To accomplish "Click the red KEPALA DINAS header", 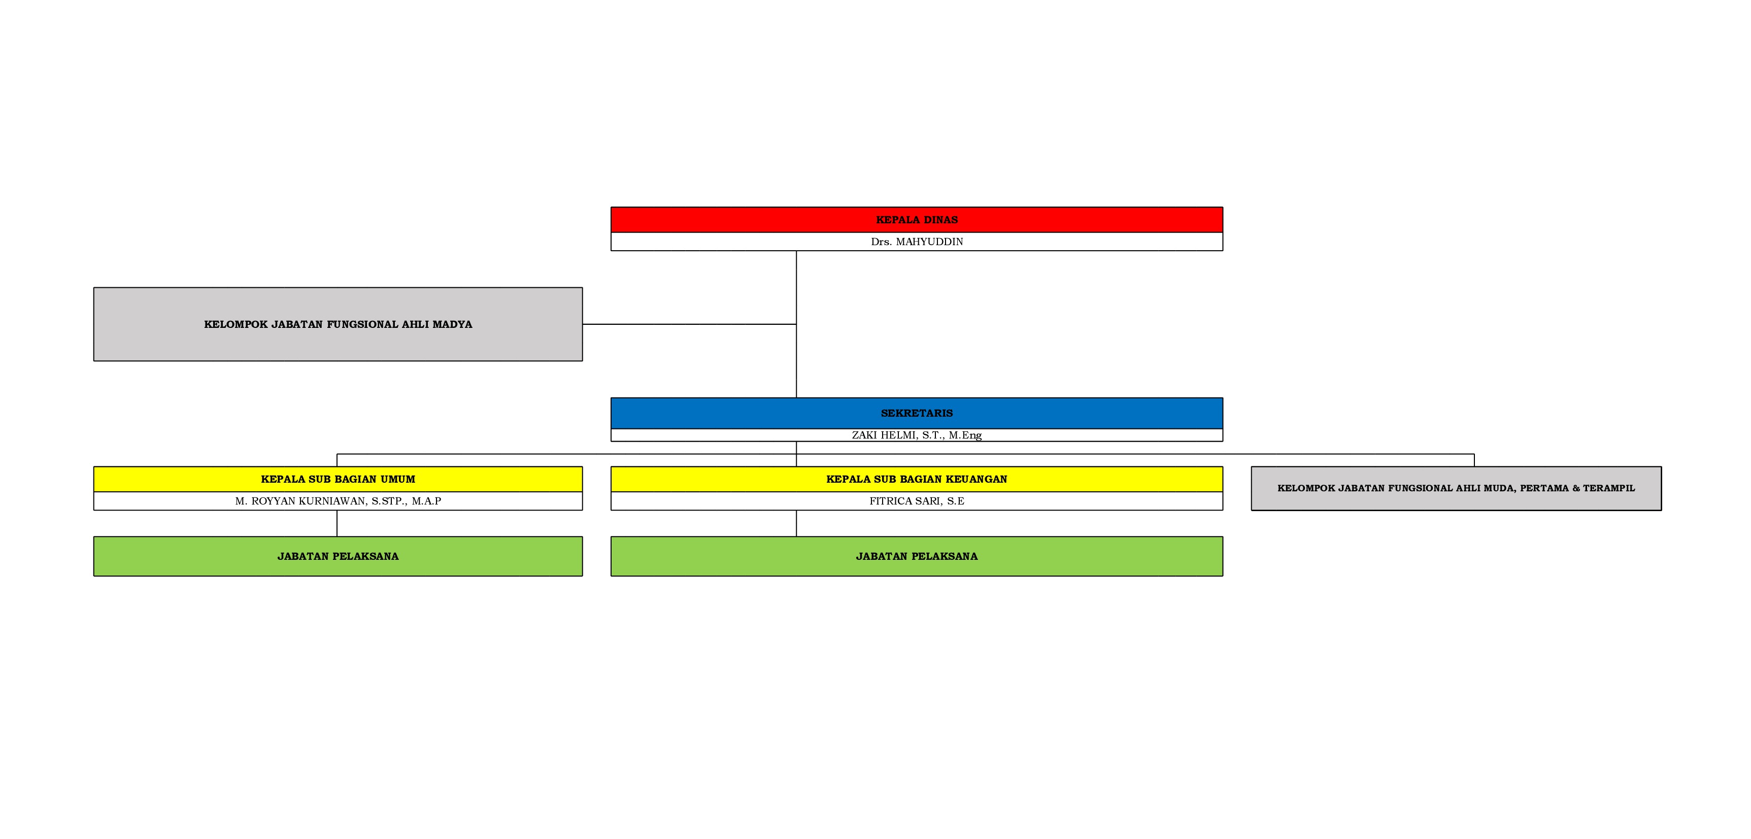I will point(916,220).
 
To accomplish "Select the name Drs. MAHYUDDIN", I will point(916,242).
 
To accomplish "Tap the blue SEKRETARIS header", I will point(916,413).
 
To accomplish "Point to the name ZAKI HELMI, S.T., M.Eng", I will point(916,435).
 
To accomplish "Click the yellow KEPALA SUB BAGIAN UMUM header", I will point(338,479).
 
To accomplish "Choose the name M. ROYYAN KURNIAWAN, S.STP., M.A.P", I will point(338,501).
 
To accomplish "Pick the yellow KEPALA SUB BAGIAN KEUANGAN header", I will point(916,479).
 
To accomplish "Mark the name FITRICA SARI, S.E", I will point(916,501).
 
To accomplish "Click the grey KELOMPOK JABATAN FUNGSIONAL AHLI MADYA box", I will point(338,324).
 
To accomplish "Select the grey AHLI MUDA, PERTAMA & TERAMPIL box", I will point(1456,488).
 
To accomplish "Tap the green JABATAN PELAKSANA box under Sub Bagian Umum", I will point(338,556).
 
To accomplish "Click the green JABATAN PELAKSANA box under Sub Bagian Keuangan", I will point(916,556).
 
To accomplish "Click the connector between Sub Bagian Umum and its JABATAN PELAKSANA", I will point(337,523).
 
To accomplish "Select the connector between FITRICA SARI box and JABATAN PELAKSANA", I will point(796,523).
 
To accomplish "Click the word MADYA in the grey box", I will point(452,324).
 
